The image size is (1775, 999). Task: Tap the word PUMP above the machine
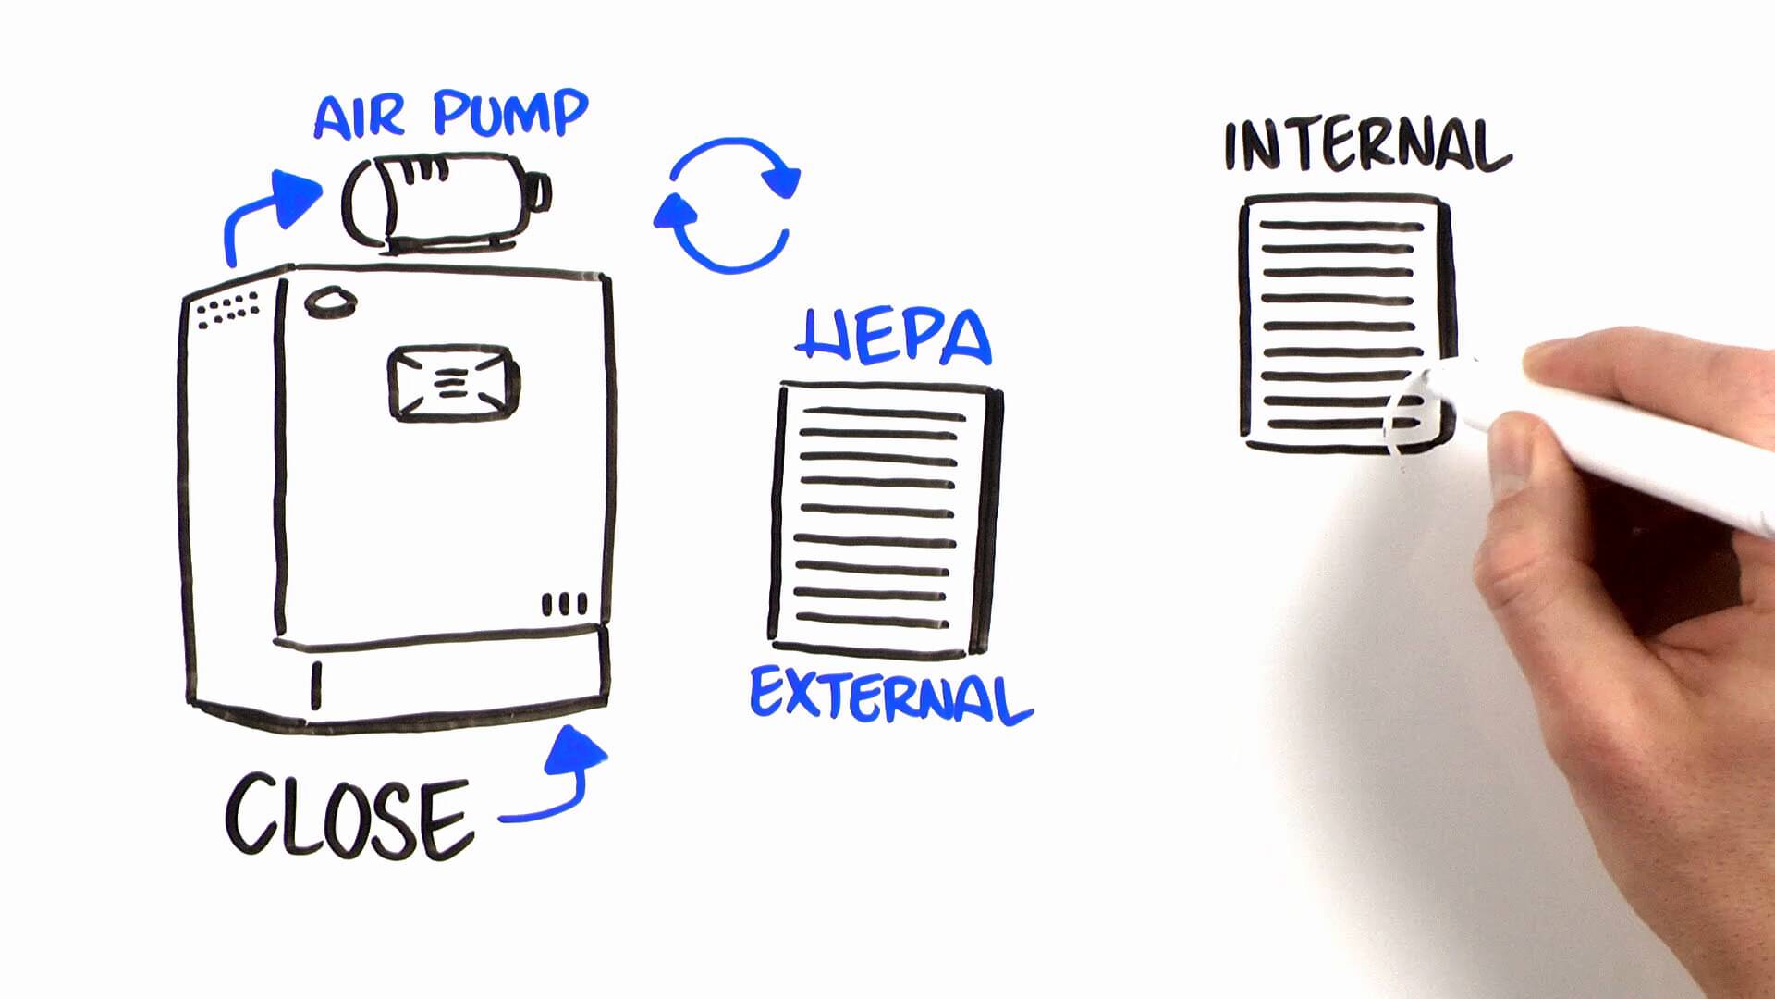pyautogui.click(x=510, y=114)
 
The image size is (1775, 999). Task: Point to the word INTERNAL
pyautogui.click(x=1366, y=146)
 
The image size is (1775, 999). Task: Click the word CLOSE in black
pyautogui.click(x=349, y=817)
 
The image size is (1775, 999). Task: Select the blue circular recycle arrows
pyautogui.click(x=728, y=205)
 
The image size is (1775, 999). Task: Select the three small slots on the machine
pyautogui.click(x=564, y=604)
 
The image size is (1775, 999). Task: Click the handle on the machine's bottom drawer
pyautogui.click(x=316, y=684)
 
